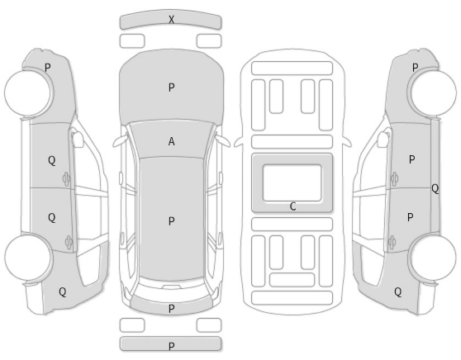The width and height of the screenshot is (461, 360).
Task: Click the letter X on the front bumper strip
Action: (171, 20)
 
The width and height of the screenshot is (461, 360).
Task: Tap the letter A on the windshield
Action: (171, 142)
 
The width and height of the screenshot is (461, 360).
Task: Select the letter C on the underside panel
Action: (292, 206)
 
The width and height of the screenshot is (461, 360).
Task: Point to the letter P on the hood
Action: (171, 88)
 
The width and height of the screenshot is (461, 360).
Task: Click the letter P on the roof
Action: (171, 221)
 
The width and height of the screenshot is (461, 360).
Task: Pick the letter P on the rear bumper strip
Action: (171, 347)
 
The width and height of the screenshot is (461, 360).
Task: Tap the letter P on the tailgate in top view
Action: (171, 309)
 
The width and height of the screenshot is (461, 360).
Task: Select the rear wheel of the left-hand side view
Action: (28, 258)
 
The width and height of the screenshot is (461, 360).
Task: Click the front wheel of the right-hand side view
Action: (434, 92)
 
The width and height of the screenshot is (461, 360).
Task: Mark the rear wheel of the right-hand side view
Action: (434, 258)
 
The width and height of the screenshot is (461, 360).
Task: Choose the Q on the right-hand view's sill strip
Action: (435, 188)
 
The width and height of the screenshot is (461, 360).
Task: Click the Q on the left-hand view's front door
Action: (51, 160)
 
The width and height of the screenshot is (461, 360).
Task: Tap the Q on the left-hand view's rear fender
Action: (62, 292)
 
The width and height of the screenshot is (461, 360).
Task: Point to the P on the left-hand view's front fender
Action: (48, 68)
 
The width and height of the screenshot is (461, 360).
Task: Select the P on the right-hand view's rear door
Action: (411, 217)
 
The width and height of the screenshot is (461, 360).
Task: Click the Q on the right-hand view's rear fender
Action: (397, 292)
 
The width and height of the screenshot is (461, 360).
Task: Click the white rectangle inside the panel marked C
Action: (292, 182)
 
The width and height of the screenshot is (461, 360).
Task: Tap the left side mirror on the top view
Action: (120, 141)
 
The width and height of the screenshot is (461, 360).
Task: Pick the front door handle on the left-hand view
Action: (66, 178)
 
